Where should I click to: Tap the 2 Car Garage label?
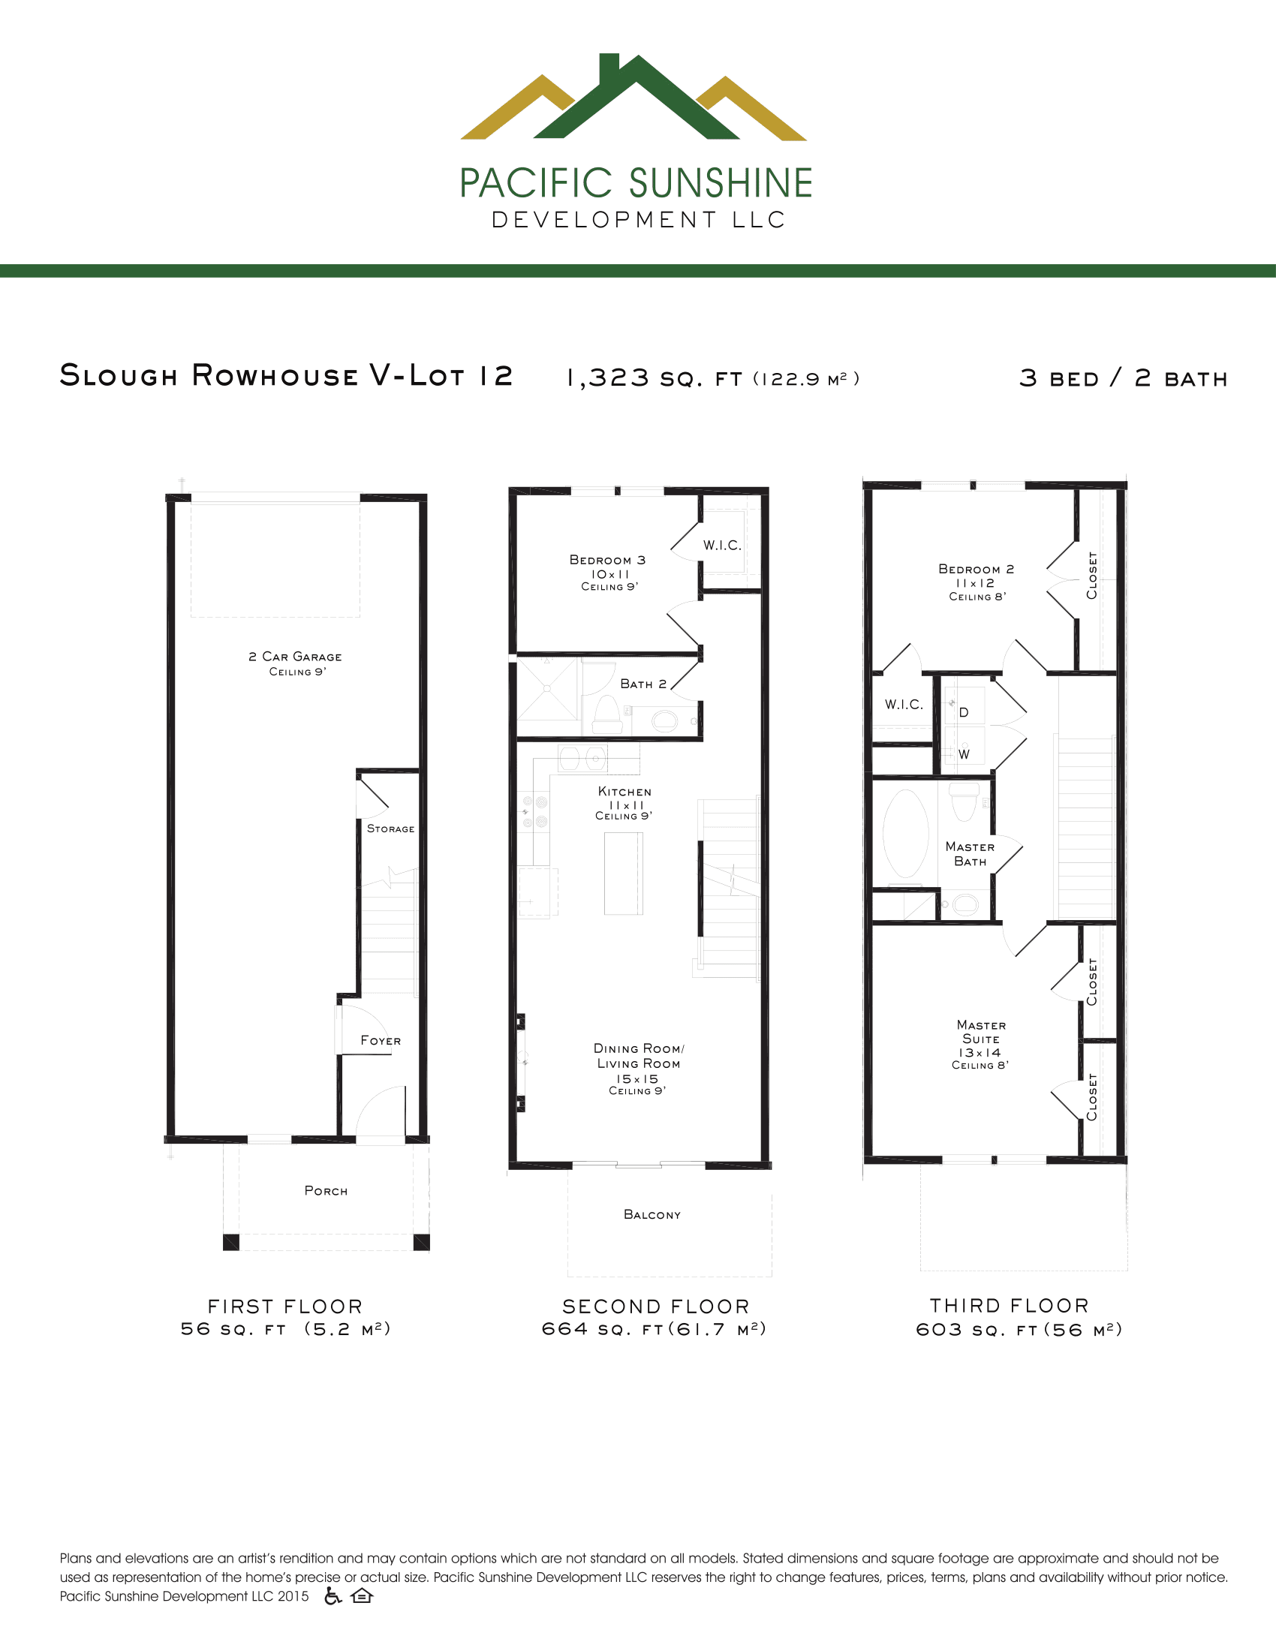pyautogui.click(x=295, y=657)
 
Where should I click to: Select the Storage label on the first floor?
pyautogui.click(x=391, y=829)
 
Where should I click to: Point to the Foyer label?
pyautogui.click(x=381, y=1040)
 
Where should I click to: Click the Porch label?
pyautogui.click(x=326, y=1191)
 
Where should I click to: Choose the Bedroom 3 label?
pyautogui.click(x=607, y=560)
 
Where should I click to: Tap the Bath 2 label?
pyautogui.click(x=643, y=684)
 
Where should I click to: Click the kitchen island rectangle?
pyautogui.click(x=624, y=873)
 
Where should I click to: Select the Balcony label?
pyautogui.click(x=652, y=1214)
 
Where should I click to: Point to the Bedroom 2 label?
pyautogui.click(x=976, y=570)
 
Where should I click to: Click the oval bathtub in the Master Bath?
pyautogui.click(x=906, y=833)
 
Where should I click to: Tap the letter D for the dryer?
pyautogui.click(x=964, y=712)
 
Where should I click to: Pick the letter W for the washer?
pyautogui.click(x=964, y=754)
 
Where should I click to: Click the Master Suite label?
pyautogui.click(x=981, y=1032)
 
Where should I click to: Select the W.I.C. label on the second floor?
pyautogui.click(x=722, y=545)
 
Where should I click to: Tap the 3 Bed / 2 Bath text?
pyautogui.click(x=1124, y=378)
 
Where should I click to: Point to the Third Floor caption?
pyautogui.click(x=1009, y=1306)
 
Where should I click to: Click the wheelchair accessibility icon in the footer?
pyautogui.click(x=333, y=1595)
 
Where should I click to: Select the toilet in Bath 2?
pyautogui.click(x=606, y=714)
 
